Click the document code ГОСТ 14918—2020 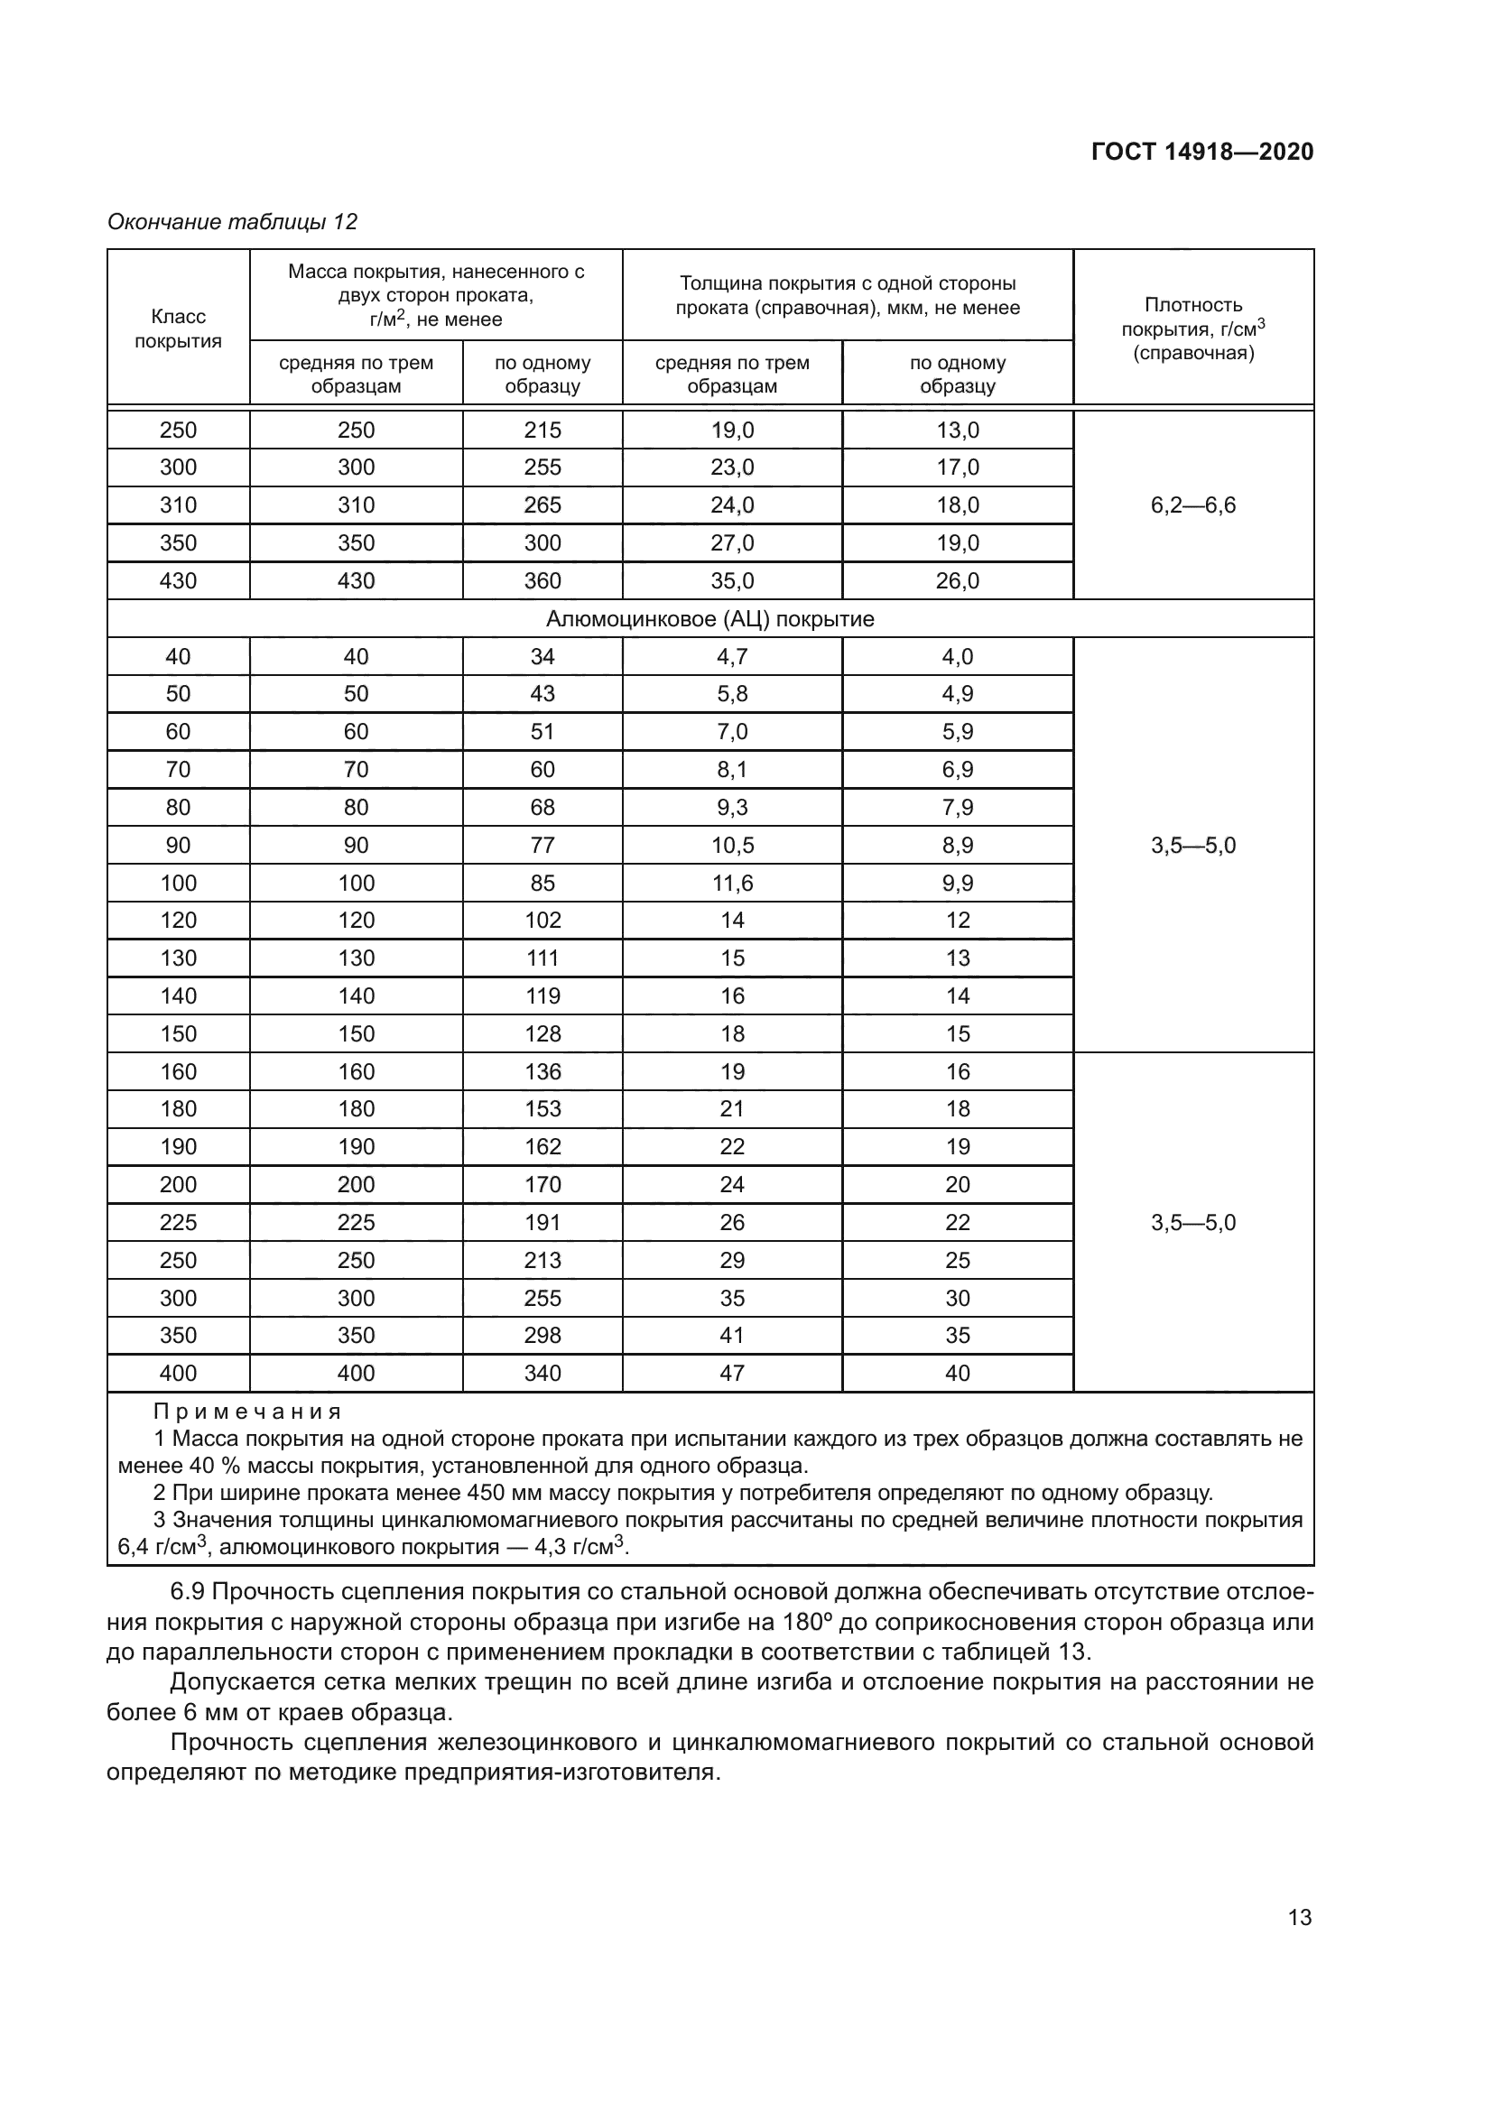(1201, 152)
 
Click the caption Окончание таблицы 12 (232, 222)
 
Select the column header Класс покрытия (179, 329)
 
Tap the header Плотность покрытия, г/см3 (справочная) (1192, 329)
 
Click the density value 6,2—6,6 (1192, 505)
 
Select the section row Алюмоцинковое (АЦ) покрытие (709, 619)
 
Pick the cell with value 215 (542, 430)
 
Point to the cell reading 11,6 (732, 883)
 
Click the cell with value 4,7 (732, 656)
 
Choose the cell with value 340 (542, 1373)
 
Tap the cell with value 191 (542, 1222)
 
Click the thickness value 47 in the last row (732, 1373)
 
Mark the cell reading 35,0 (732, 580)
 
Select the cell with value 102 (542, 921)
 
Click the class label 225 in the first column (179, 1222)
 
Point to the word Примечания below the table (247, 1412)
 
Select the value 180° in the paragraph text (808, 1621)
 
